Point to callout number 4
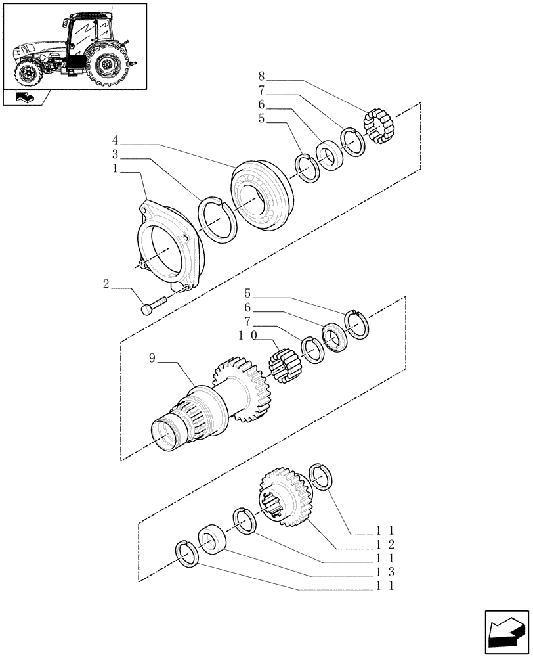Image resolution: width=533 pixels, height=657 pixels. (x=116, y=141)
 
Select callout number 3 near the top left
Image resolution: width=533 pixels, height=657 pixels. (x=116, y=156)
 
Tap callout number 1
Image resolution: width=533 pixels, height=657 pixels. (x=116, y=170)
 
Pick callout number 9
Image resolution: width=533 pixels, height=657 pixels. (x=152, y=359)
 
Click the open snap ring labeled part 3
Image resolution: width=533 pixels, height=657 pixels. (x=217, y=220)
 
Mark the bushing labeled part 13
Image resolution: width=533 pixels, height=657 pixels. (x=214, y=538)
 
